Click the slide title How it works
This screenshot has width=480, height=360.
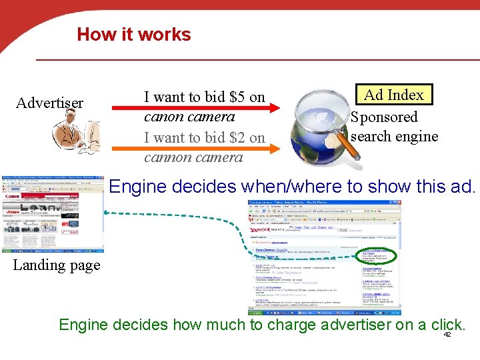coord(134,35)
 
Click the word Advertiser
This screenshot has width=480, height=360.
coord(49,103)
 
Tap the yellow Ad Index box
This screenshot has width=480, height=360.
coord(393,95)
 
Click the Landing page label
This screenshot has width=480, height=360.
coord(57,265)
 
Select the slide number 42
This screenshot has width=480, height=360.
coord(447,335)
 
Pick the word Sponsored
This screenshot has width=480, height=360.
coord(384,117)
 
